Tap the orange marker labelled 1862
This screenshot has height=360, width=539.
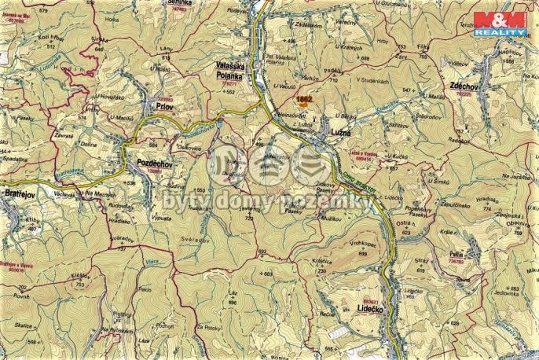coord(304,100)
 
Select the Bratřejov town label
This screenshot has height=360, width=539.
coord(17,192)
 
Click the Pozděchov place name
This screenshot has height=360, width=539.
coord(147,159)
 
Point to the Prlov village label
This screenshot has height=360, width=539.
coord(164,105)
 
